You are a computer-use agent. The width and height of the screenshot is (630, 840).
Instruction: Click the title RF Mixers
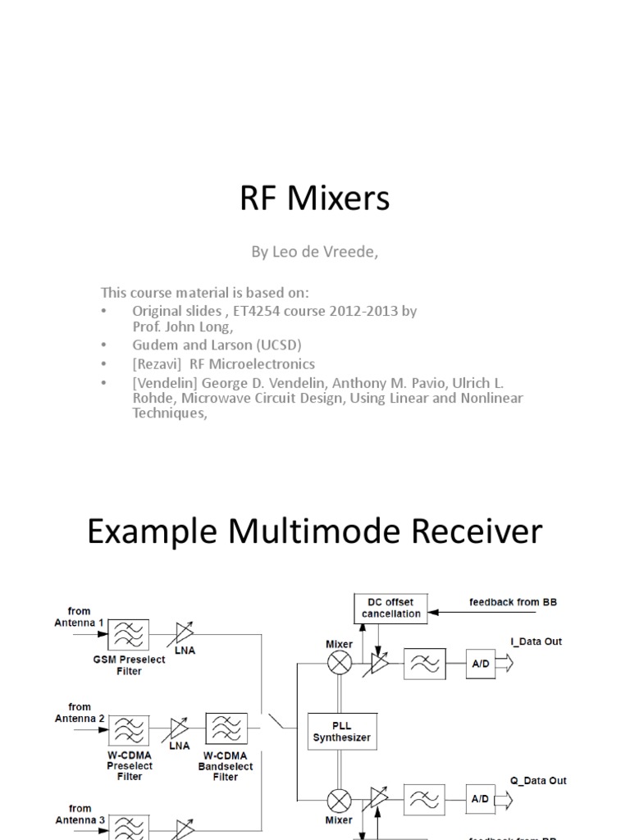pyautogui.click(x=315, y=199)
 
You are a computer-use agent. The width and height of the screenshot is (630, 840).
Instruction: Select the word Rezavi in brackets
pyautogui.click(x=156, y=363)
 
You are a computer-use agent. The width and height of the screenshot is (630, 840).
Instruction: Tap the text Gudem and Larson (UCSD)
pyautogui.click(x=219, y=345)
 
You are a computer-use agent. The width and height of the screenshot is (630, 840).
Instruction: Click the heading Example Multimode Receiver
pyautogui.click(x=315, y=532)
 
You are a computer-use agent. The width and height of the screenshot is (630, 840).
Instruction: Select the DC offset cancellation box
pyautogui.click(x=390, y=608)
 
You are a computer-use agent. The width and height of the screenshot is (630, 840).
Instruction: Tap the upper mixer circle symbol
pyautogui.click(x=340, y=663)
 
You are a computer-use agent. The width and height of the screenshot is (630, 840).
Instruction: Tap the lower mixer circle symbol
pyautogui.click(x=340, y=800)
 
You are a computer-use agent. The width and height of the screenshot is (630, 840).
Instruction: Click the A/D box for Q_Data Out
pyautogui.click(x=479, y=799)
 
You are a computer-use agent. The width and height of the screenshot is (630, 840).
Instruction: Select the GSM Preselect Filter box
pyautogui.click(x=129, y=635)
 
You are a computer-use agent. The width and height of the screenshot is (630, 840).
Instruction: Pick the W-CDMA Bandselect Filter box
pyautogui.click(x=226, y=727)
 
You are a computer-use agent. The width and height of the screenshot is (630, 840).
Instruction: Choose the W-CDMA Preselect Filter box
pyautogui.click(x=129, y=728)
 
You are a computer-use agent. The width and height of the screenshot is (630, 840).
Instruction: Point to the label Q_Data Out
pyautogui.click(x=538, y=781)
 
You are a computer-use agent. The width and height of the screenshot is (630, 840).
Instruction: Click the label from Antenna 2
pyautogui.click(x=80, y=712)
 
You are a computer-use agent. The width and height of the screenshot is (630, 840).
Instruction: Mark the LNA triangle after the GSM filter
pyautogui.click(x=185, y=634)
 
